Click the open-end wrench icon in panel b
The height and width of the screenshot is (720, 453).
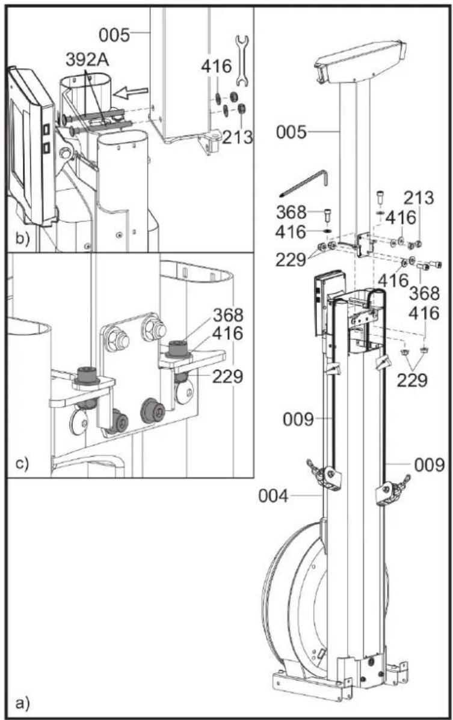click(x=241, y=61)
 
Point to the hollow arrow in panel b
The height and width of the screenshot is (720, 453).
click(x=131, y=93)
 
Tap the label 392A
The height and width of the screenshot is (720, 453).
click(x=87, y=60)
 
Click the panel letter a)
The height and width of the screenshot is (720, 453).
click(x=22, y=703)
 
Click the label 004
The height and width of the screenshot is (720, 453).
click(x=273, y=496)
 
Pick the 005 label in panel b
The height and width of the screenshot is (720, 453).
click(x=115, y=34)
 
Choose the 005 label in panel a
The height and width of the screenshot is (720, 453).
click(x=291, y=133)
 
